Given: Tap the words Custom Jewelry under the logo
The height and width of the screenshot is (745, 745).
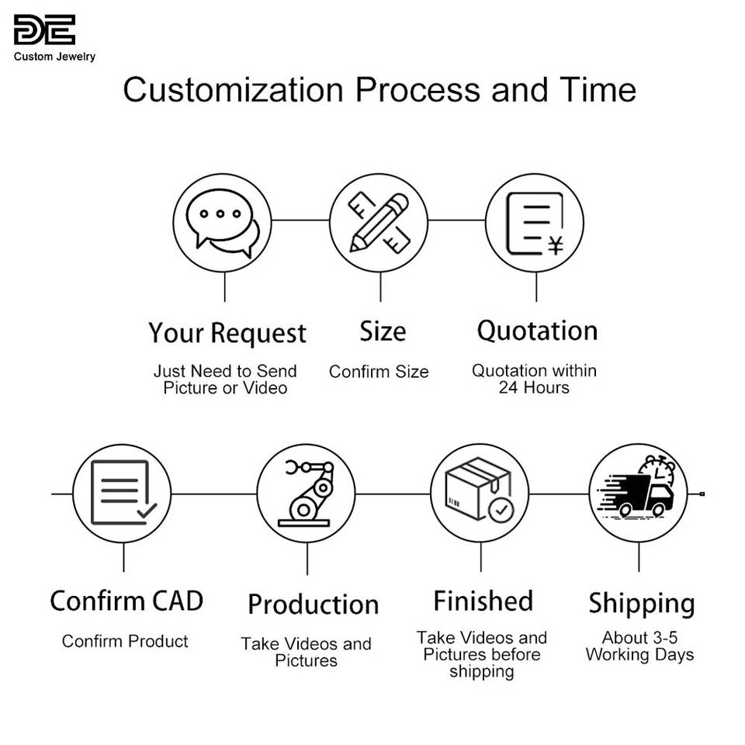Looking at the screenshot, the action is click(54, 57).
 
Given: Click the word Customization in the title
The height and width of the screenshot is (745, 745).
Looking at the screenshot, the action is click(233, 90).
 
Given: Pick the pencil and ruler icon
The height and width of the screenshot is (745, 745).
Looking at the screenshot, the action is click(379, 222).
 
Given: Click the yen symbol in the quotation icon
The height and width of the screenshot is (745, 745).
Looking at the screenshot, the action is click(555, 247).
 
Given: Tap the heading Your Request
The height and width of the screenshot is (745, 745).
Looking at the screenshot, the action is click(227, 334).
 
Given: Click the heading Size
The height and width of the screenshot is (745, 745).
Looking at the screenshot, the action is click(383, 332).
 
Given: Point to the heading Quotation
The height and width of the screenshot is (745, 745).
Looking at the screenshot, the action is click(536, 331).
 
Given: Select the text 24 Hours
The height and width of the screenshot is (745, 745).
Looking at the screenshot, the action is click(534, 388).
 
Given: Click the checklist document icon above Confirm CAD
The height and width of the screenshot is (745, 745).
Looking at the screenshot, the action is click(122, 493).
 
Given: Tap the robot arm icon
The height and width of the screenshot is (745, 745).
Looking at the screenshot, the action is click(307, 493).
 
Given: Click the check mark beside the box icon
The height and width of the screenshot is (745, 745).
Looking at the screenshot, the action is click(501, 510).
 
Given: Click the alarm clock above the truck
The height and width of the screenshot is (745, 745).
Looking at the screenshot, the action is click(657, 470).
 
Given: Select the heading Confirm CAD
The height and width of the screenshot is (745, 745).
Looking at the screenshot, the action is click(126, 601).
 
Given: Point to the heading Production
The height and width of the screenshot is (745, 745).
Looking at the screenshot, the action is click(313, 605).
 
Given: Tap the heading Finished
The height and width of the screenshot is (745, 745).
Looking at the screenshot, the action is click(483, 601).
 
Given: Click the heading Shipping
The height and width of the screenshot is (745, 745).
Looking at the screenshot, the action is click(641, 604).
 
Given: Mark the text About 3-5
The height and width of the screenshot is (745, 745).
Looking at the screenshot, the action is click(639, 638).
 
